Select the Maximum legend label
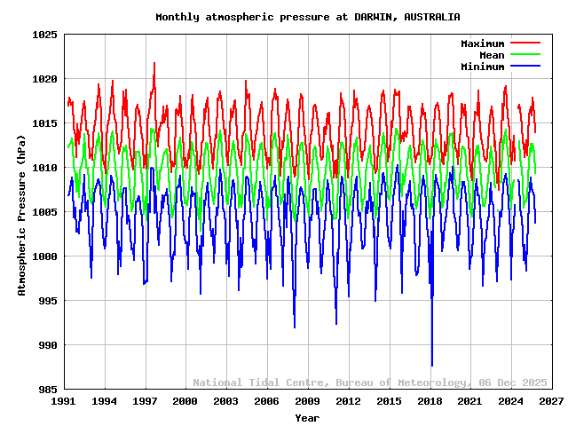[482, 43]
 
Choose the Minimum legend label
[482, 67]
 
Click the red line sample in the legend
[525, 43]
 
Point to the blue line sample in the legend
[525, 67]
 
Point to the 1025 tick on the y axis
[45, 35]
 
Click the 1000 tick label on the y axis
[45, 256]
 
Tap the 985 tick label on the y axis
[48, 390]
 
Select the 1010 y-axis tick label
[45, 168]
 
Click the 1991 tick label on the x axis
[63, 402]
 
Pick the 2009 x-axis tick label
[307, 402]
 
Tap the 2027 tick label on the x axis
[551, 402]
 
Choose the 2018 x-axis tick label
[430, 402]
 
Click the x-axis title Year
[307, 417]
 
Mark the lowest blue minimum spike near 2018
[432, 365]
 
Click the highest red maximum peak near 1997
[154, 63]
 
